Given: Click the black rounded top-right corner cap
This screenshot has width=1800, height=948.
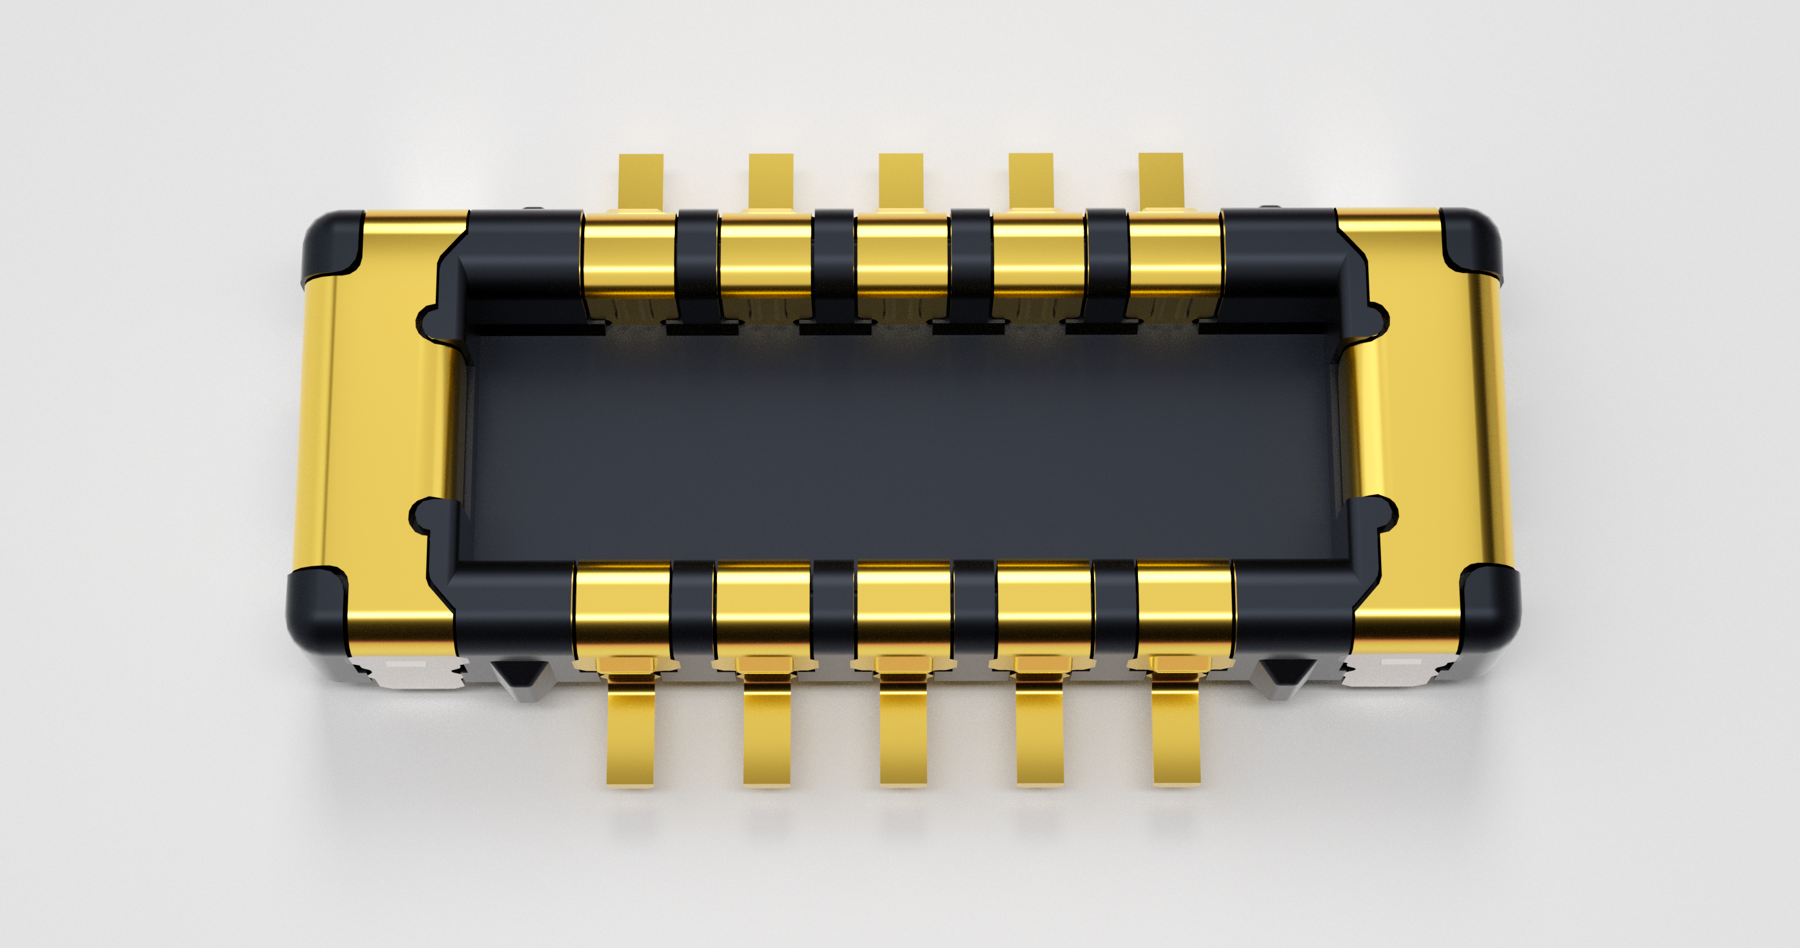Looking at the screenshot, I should pos(1471,241).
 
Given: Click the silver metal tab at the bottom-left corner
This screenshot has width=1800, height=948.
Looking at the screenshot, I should pos(412,671).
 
